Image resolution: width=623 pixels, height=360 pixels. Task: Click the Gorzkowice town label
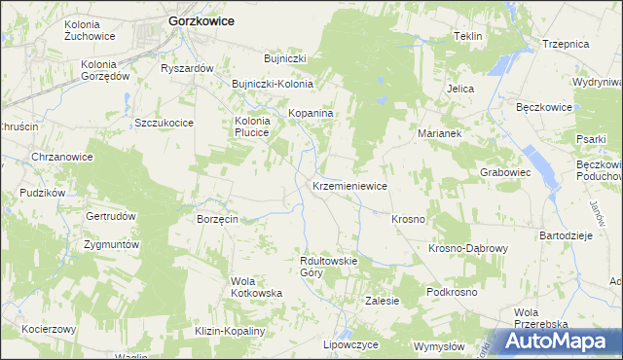click(202, 19)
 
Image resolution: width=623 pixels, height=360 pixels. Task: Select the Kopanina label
click(311, 114)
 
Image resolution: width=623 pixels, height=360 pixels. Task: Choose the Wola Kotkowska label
click(256, 287)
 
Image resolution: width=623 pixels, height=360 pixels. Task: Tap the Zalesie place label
click(382, 302)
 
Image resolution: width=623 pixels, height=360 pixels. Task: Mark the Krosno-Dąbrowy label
click(468, 249)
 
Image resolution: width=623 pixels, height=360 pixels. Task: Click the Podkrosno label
click(451, 292)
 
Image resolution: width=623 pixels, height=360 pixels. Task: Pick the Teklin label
click(468, 36)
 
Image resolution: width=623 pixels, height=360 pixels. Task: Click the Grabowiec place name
click(504, 172)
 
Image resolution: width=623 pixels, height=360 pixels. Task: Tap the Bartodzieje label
click(566, 236)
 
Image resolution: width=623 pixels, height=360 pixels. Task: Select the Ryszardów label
click(187, 69)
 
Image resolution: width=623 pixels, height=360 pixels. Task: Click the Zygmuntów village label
click(112, 244)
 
